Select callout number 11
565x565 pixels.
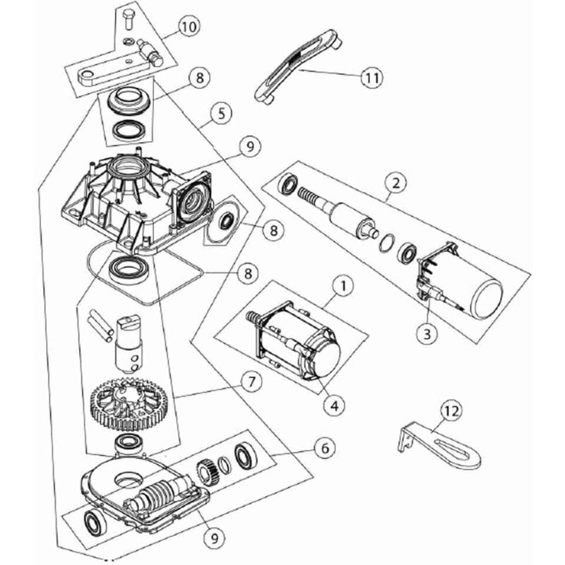pos(372,78)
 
